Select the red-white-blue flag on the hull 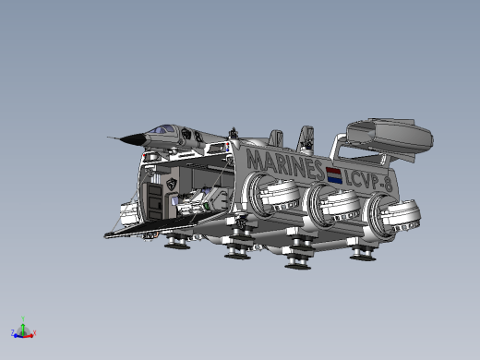coord(334,175)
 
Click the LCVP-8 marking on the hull coord(368,181)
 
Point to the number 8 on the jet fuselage coord(198,137)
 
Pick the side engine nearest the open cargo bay coord(271,195)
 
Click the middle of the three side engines coord(331,203)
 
